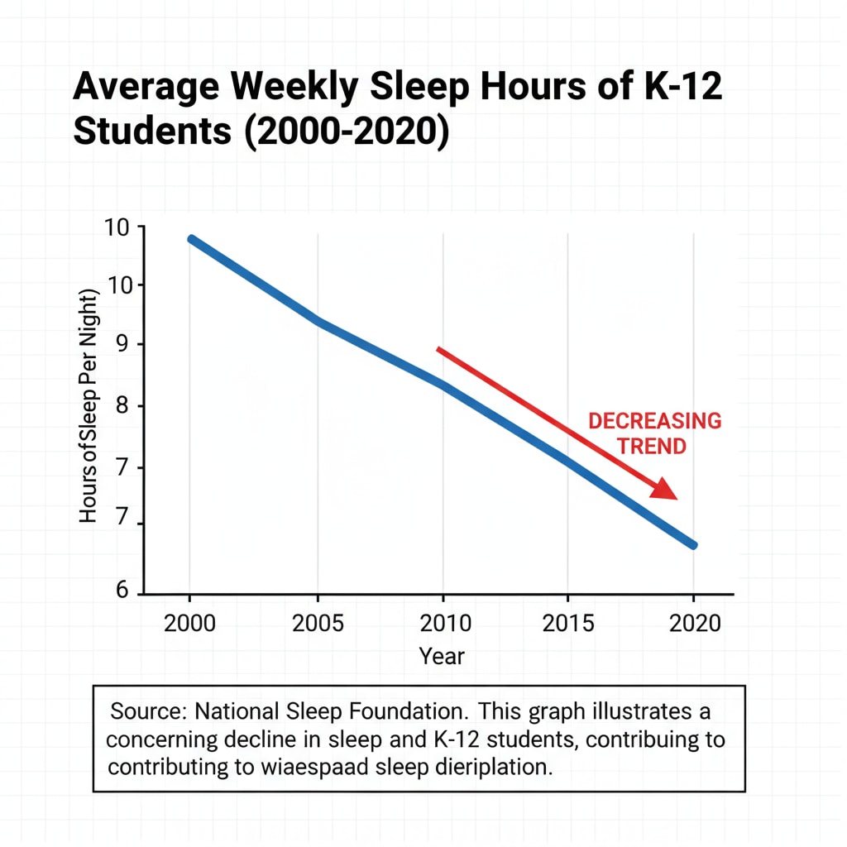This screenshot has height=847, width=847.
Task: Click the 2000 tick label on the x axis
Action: point(190,623)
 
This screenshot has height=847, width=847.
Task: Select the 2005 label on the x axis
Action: point(318,623)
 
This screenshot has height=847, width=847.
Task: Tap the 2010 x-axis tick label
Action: point(443,623)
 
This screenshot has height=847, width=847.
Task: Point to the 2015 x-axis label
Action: point(568,623)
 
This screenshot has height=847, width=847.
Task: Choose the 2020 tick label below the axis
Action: point(695,623)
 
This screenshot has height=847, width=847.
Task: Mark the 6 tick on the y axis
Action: point(122,591)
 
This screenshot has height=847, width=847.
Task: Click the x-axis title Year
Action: point(443,657)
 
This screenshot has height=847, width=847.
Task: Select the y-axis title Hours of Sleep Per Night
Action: point(89,407)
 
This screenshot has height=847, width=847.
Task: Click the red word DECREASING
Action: point(654,421)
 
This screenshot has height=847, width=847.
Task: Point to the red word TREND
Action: point(653,447)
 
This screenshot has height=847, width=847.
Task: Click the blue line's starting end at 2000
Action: point(192,239)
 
